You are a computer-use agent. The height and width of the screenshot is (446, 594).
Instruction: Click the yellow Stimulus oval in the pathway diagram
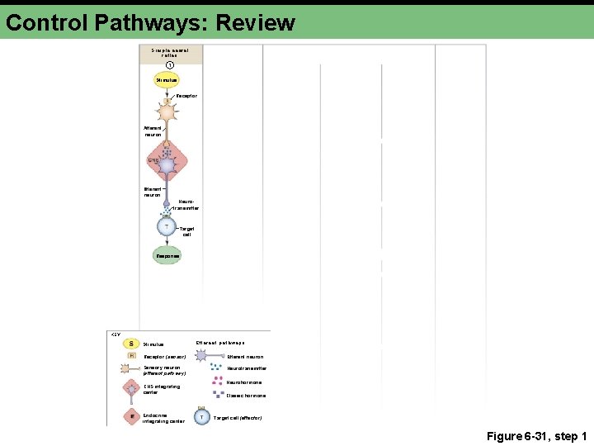click(x=167, y=80)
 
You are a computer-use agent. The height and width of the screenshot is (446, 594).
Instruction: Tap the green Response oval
click(x=167, y=256)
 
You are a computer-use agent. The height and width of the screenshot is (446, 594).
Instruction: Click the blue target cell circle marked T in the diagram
click(x=167, y=226)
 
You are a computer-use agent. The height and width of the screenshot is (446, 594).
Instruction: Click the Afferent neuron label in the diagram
click(x=153, y=130)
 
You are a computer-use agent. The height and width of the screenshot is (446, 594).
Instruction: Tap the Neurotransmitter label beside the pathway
click(x=186, y=205)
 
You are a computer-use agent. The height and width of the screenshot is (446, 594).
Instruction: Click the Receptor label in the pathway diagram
click(x=187, y=96)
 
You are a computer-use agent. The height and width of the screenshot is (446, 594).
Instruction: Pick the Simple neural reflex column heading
click(x=170, y=52)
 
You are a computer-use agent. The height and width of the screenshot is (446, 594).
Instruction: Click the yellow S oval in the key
click(x=132, y=344)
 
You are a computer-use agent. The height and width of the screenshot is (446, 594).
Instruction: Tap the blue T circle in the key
click(x=202, y=417)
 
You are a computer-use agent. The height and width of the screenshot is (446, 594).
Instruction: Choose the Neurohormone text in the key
click(x=246, y=382)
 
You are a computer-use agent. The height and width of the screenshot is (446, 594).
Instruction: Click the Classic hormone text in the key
click(x=247, y=396)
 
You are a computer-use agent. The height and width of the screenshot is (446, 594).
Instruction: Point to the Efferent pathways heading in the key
click(x=219, y=343)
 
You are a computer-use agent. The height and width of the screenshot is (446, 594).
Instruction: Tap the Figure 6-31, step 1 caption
click(x=536, y=436)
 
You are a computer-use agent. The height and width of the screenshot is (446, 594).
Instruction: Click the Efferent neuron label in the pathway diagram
click(x=152, y=192)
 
